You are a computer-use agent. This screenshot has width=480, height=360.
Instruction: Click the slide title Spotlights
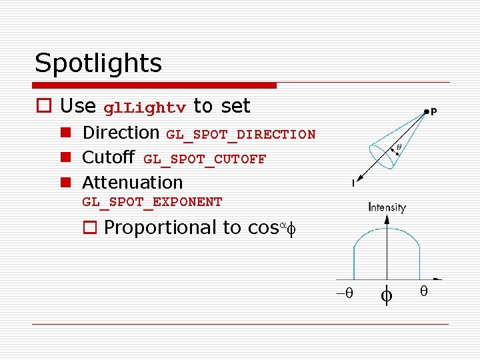click(x=98, y=64)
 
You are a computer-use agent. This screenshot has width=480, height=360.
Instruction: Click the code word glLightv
click(x=145, y=108)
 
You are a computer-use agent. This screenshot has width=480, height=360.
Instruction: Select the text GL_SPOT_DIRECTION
click(x=241, y=135)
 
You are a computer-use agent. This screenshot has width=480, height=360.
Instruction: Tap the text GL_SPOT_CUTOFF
click(x=205, y=159)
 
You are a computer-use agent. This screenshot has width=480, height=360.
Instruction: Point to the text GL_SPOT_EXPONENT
click(x=152, y=202)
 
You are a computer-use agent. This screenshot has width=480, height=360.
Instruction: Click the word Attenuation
click(x=132, y=182)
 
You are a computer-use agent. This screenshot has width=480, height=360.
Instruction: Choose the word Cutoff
click(x=108, y=158)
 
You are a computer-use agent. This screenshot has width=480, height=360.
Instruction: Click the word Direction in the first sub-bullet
click(x=121, y=133)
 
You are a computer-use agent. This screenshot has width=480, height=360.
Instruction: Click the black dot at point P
click(x=425, y=111)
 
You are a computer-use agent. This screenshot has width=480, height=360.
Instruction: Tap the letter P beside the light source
click(x=434, y=112)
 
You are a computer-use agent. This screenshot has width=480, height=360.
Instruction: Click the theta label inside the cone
click(x=399, y=147)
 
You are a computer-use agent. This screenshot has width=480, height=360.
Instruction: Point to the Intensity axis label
click(x=387, y=207)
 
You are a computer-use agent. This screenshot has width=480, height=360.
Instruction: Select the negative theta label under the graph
click(x=345, y=293)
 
